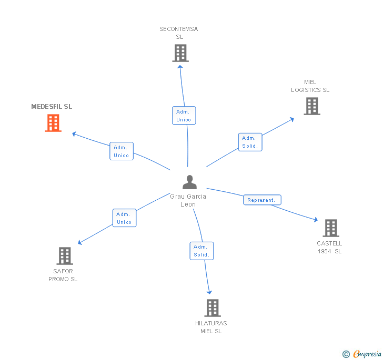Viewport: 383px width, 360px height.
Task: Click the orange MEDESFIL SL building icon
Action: (53, 123)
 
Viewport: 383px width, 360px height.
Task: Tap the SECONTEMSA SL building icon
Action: (180, 53)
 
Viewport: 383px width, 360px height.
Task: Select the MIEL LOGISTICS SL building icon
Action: (312, 106)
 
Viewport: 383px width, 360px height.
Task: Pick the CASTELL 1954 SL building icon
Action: (331, 228)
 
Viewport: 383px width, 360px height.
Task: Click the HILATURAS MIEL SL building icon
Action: (212, 308)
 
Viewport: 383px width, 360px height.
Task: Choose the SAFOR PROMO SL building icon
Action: (64, 256)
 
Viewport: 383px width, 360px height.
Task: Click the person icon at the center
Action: (189, 182)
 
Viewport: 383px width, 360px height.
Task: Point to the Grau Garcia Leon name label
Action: (188, 200)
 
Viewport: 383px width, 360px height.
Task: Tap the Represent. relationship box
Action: (262, 200)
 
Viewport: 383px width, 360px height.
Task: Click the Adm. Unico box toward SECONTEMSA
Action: (184, 116)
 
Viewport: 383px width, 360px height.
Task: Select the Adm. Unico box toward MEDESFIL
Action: (122, 151)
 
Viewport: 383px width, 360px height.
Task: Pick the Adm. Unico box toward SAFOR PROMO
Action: (124, 218)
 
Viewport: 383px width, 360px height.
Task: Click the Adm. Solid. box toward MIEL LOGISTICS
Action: (250, 142)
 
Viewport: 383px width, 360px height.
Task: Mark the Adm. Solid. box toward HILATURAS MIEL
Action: (201, 251)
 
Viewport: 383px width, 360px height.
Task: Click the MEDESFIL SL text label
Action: (52, 107)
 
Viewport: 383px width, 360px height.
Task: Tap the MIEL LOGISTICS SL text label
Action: (310, 86)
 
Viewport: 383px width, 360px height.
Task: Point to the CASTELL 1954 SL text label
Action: (329, 248)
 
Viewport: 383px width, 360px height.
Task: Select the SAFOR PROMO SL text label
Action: (63, 275)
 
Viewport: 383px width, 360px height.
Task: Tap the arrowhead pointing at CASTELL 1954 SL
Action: (316, 220)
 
